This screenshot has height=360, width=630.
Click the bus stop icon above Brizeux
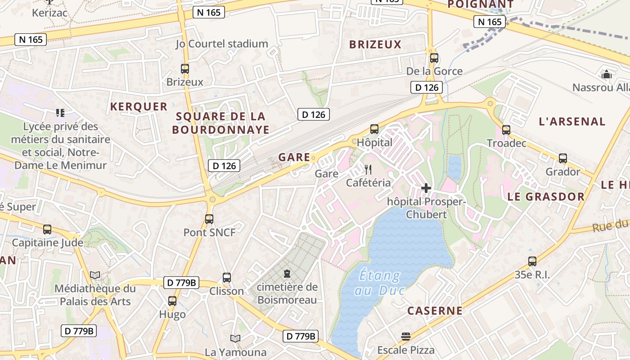tap(185, 69)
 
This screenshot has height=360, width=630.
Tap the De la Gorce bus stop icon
tap(434, 58)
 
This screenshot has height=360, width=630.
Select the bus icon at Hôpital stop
tap(374, 129)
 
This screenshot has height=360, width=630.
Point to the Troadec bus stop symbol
tap(506, 130)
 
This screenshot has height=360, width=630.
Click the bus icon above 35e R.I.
tap(532, 261)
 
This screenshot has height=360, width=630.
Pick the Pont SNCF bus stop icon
tap(209, 219)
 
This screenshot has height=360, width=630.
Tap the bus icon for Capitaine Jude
tap(47, 229)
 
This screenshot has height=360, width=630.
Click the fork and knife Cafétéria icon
tap(368, 170)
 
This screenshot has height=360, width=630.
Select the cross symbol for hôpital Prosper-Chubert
tap(426, 188)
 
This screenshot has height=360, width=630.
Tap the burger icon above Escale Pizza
tap(406, 337)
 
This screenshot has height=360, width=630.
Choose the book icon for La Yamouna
tap(235, 338)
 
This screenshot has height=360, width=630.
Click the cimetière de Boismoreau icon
tap(287, 274)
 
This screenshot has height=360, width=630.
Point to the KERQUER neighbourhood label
tap(139, 107)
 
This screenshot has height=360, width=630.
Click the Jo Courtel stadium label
tap(222, 44)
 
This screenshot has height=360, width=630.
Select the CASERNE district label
tap(435, 310)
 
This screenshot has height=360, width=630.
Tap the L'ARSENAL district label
tap(572, 121)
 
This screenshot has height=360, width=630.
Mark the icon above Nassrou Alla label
tap(607, 74)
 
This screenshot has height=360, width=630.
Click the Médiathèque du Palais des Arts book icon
tap(95, 275)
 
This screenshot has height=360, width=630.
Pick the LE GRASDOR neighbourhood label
tap(546, 197)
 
